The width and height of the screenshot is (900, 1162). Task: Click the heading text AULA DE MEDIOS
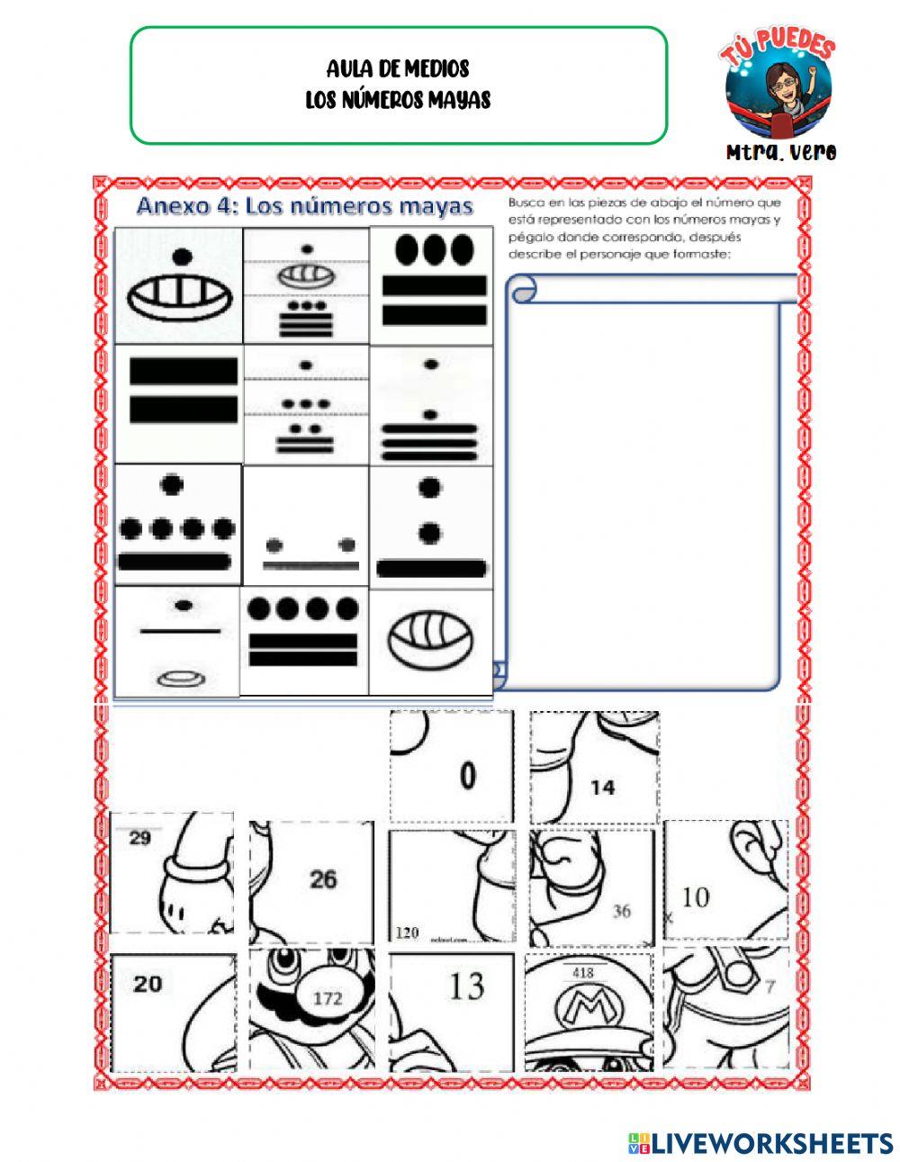[398, 68]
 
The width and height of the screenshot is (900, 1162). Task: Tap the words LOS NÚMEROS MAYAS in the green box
[398, 99]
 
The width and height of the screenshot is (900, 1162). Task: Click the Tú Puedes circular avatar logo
[778, 86]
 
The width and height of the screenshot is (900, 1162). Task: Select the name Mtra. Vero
[781, 152]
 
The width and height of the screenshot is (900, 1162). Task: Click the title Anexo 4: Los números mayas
[304, 207]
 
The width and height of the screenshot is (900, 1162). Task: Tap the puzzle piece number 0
[468, 776]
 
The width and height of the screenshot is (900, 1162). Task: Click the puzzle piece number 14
[602, 788]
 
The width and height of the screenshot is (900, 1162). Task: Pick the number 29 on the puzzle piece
[139, 839]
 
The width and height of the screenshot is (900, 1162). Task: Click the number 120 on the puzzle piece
[407, 932]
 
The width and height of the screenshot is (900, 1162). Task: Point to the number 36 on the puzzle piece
[622, 911]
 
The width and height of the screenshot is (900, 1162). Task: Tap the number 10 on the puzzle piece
[696, 896]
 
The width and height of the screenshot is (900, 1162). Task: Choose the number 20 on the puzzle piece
[148, 984]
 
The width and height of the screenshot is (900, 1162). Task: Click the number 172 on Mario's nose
[328, 998]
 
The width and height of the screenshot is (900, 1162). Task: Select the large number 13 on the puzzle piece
[466, 986]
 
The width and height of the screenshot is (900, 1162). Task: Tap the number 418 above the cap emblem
[582, 972]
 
